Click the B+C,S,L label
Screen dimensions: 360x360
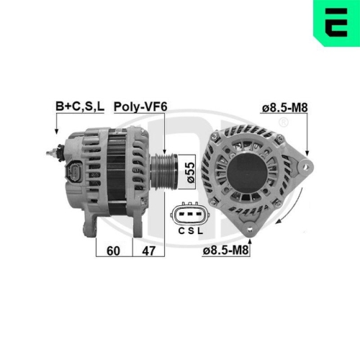tap(80, 107)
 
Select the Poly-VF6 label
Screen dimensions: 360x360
tap(142, 107)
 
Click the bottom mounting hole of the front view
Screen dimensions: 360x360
tap(250, 229)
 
